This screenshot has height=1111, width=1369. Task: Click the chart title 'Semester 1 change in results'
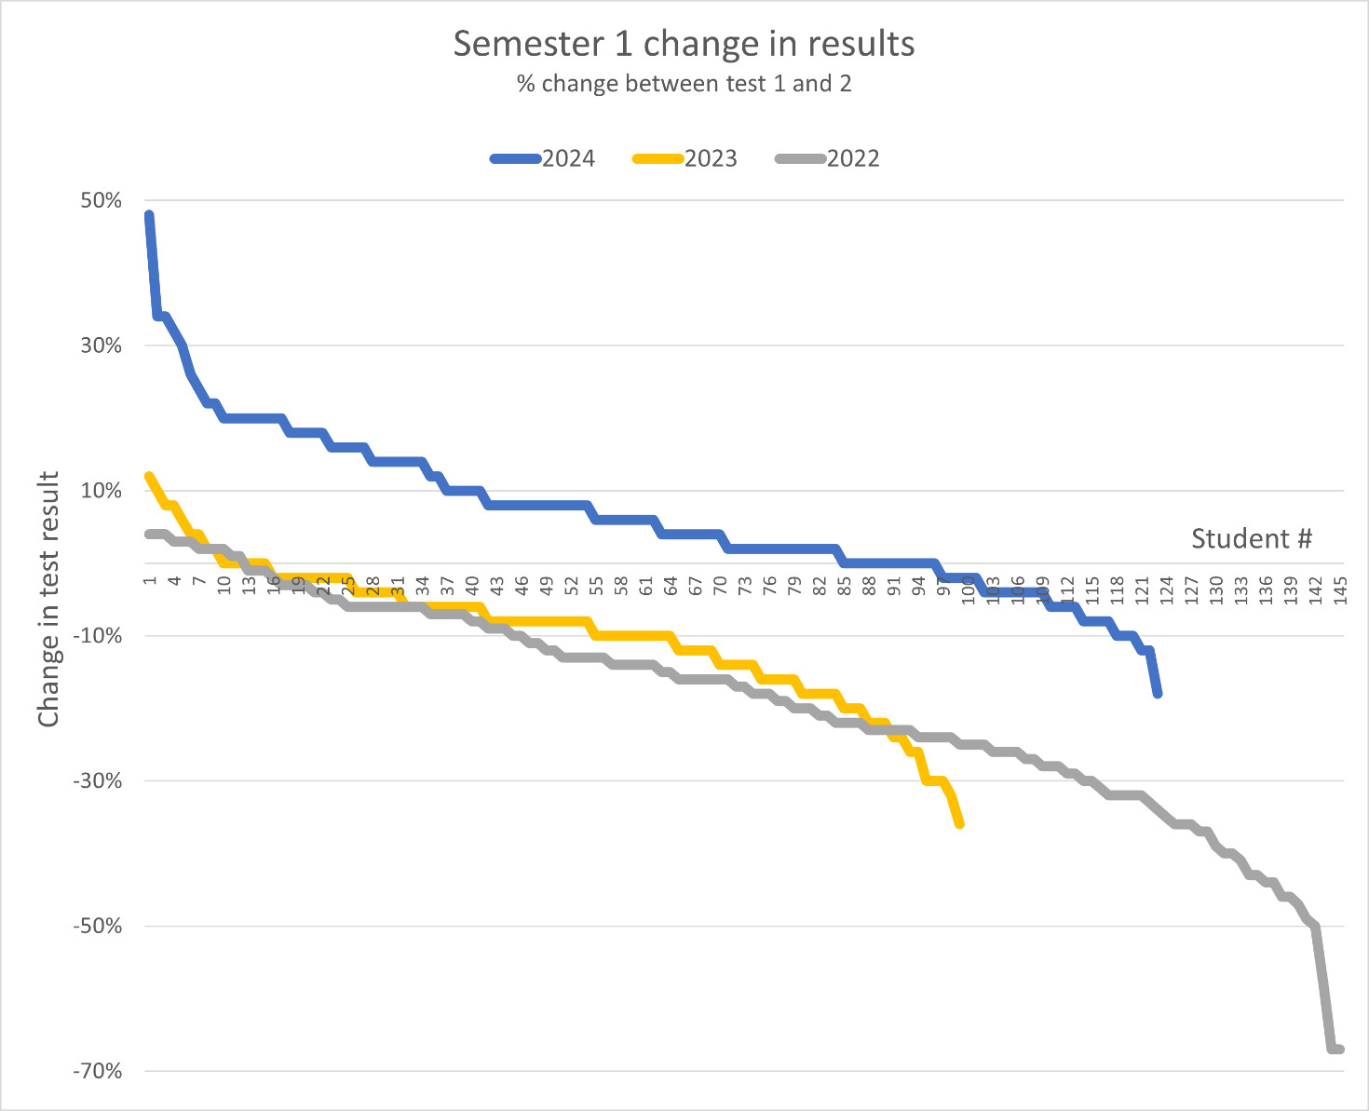[684, 44]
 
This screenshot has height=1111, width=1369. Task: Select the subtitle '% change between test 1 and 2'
[684, 84]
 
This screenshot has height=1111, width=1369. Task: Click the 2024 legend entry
[544, 158]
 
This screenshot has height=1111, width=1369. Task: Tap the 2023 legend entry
[686, 158]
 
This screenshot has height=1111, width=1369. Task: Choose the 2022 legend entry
[829, 158]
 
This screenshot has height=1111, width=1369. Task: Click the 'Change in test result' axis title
[48, 600]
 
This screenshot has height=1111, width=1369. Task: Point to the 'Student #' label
[1251, 538]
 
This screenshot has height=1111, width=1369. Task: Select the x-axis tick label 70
[720, 587]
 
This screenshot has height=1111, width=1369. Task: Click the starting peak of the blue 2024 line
[149, 215]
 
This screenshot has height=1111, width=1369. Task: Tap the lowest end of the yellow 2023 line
[960, 824]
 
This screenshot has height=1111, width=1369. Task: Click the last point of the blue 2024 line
[1158, 694]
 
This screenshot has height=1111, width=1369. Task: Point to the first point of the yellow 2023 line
[149, 476]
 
